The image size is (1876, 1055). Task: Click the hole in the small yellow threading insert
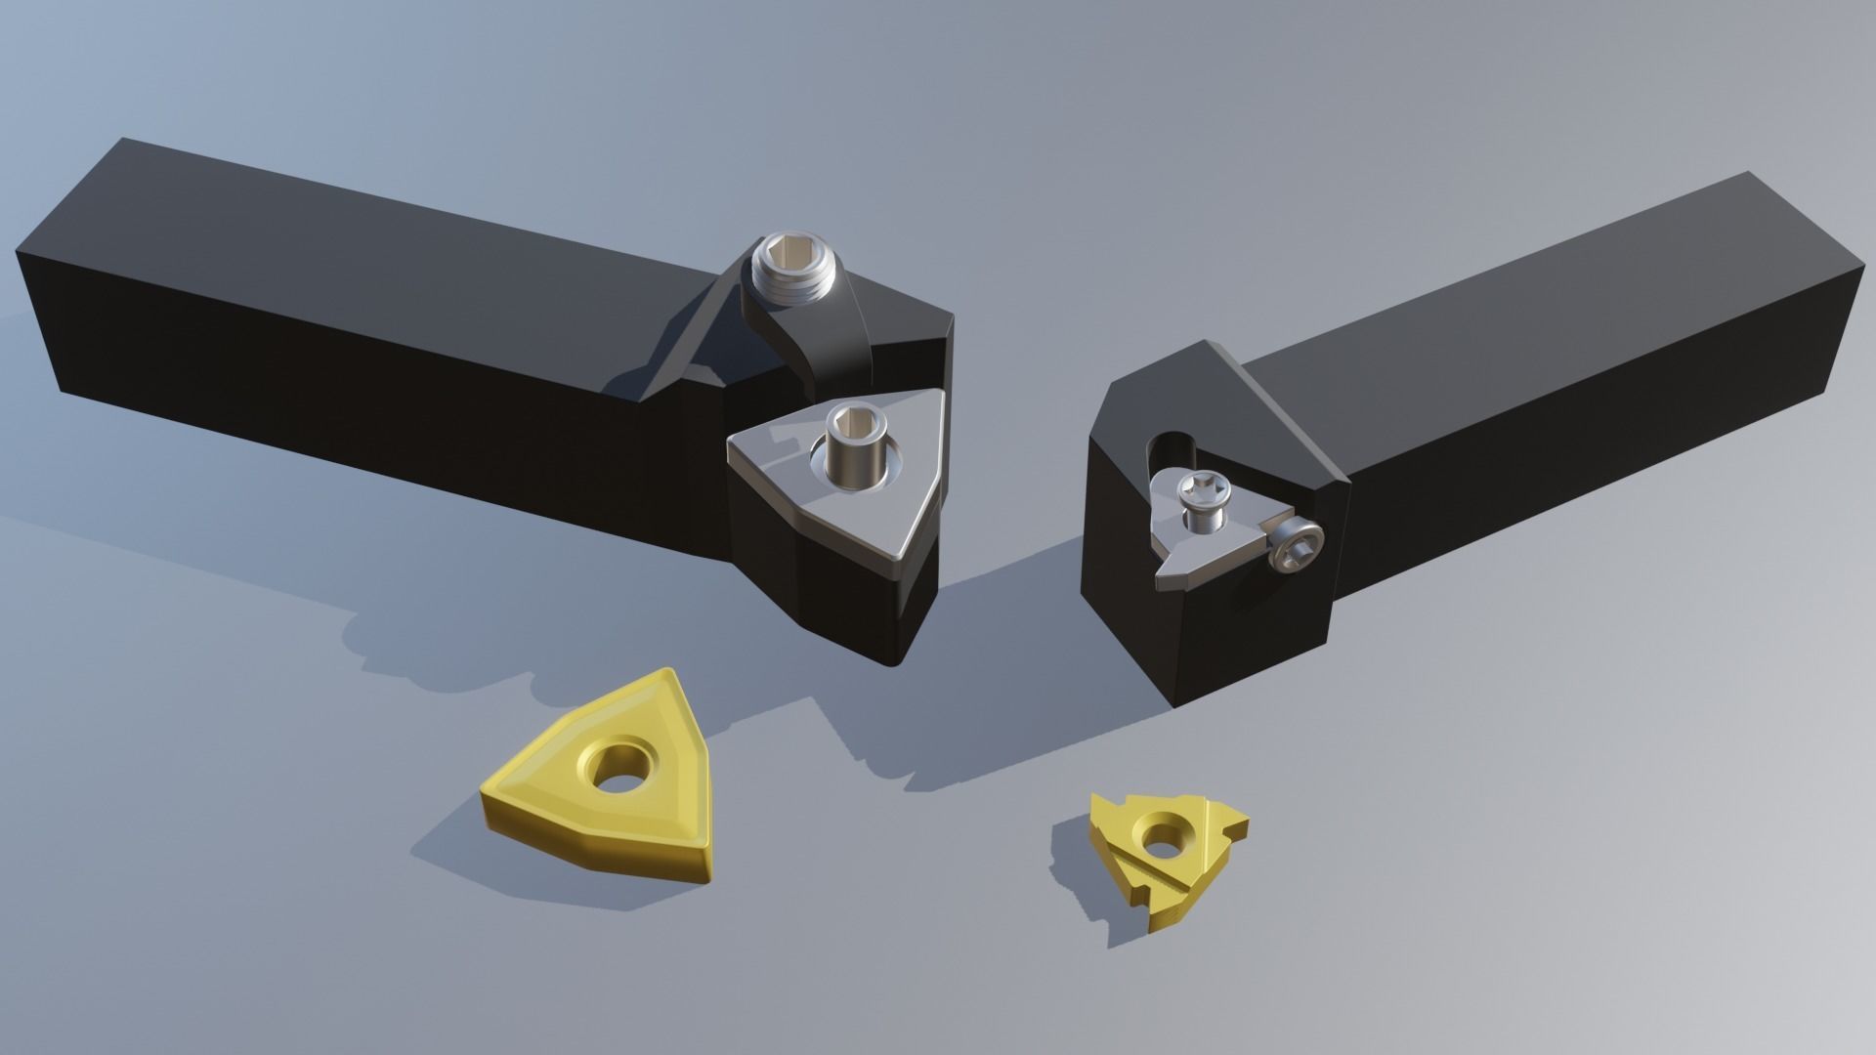[1161, 837]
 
